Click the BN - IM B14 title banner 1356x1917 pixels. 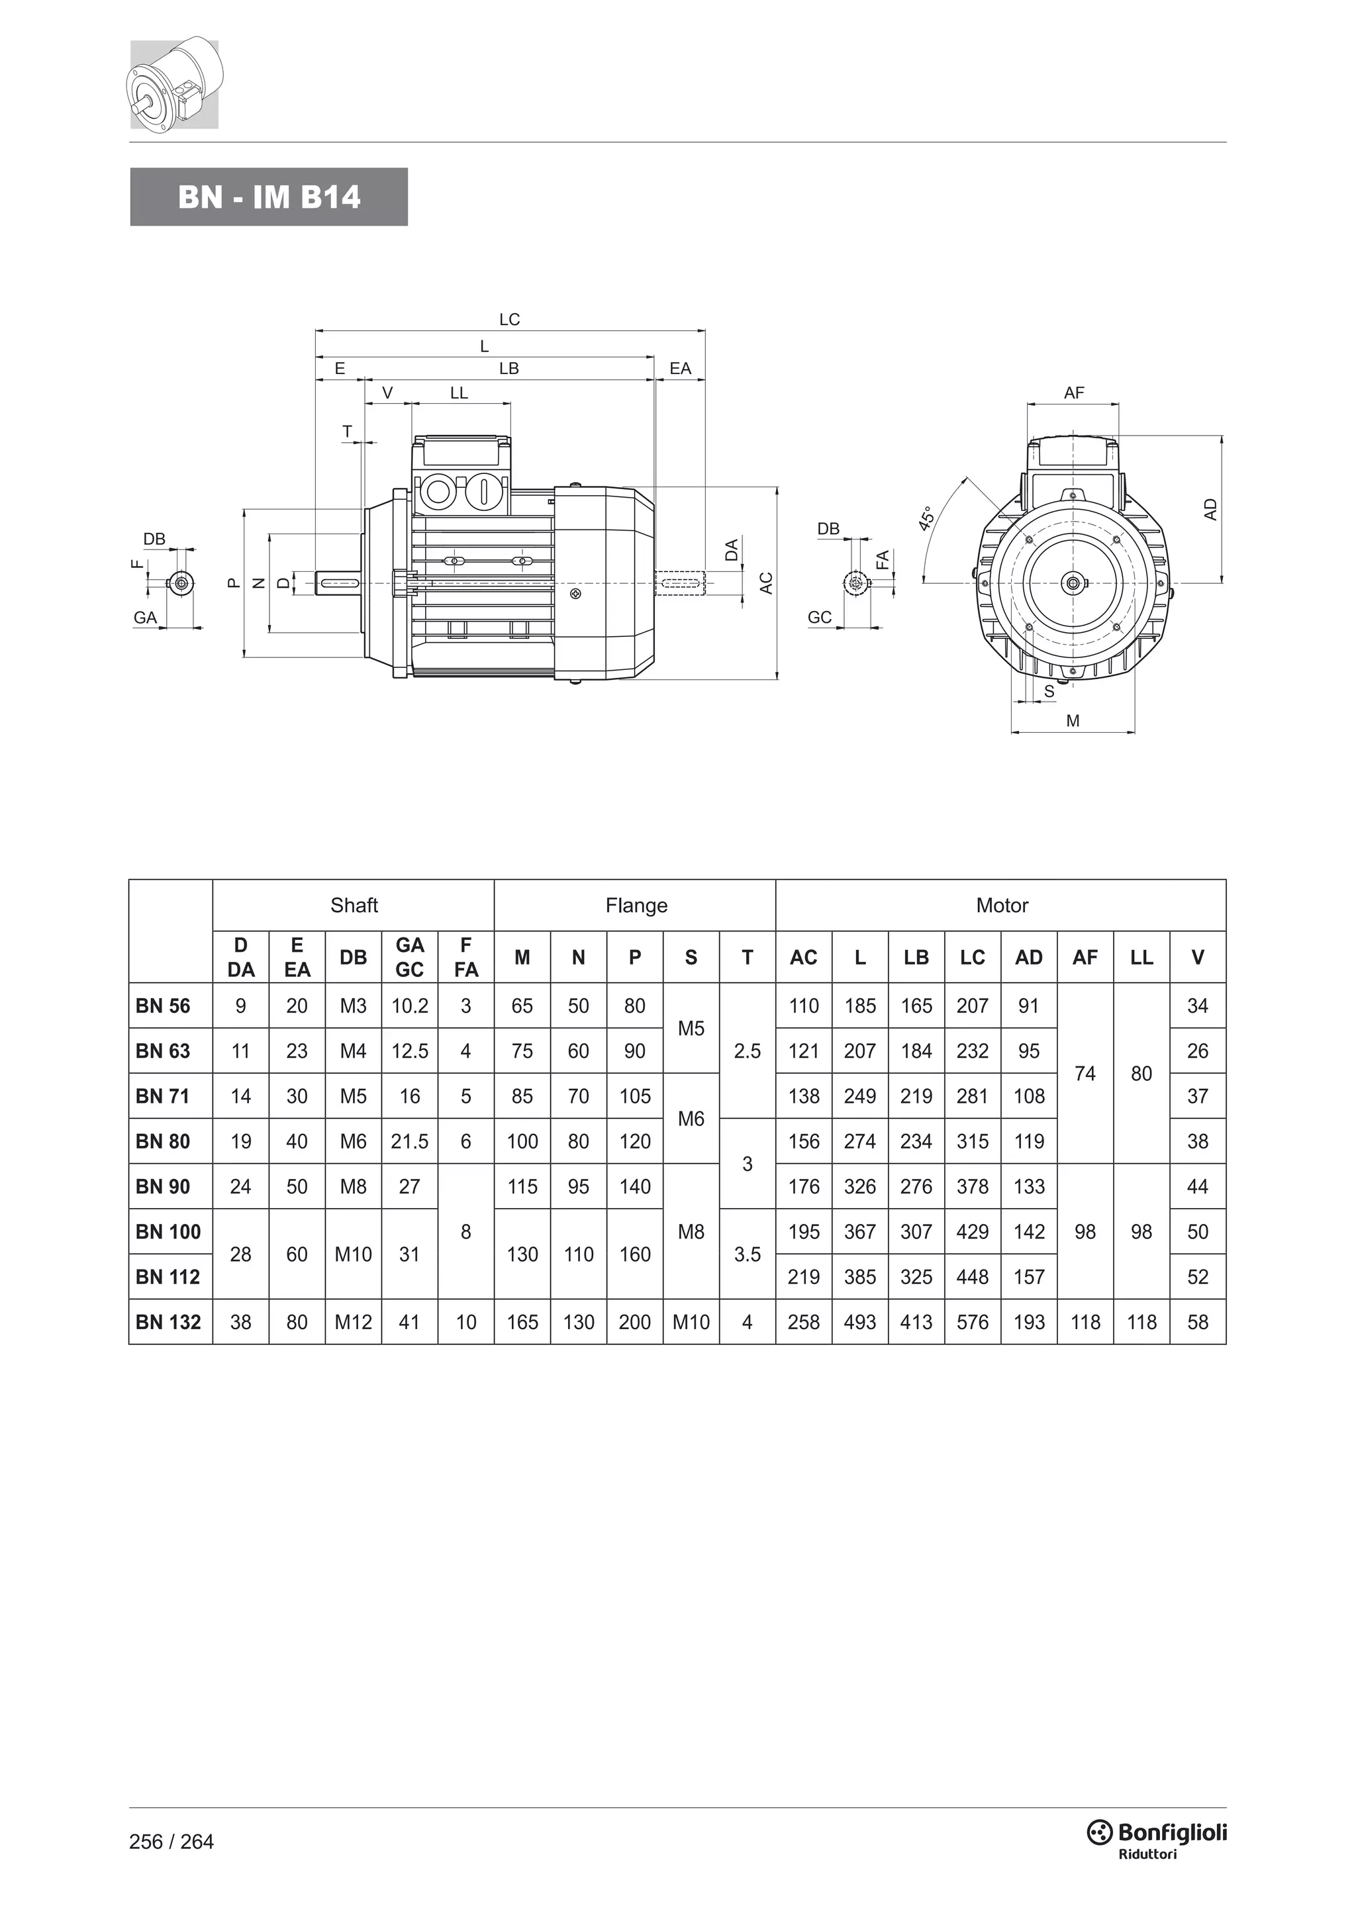coord(268,197)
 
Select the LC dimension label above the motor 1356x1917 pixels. coord(509,320)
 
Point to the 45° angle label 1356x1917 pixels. coord(927,518)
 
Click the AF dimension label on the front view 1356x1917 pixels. coord(1074,393)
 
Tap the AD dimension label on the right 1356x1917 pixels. coord(1211,509)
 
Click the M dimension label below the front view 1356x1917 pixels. coord(1073,721)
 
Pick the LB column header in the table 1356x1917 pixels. coord(916,958)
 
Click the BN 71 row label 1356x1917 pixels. coord(163,1096)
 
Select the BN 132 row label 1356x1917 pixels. coord(168,1322)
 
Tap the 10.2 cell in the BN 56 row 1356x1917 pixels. coord(410,1006)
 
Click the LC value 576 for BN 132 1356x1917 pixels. coord(973,1322)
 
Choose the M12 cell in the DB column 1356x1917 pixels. coord(353,1322)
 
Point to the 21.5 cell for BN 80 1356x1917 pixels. coord(410,1141)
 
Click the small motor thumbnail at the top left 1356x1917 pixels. coord(175,83)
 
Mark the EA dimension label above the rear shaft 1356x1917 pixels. coord(681,368)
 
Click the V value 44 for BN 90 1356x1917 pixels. coord(1197,1186)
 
